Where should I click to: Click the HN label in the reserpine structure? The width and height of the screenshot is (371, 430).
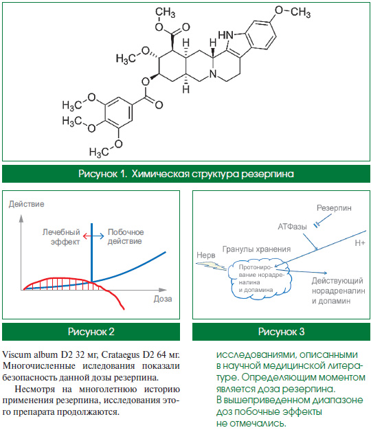[225, 36]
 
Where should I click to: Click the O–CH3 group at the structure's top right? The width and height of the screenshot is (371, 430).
[293, 12]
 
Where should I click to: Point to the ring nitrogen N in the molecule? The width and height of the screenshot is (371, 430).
[213, 74]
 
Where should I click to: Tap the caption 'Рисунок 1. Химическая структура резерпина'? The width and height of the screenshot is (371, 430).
[186, 174]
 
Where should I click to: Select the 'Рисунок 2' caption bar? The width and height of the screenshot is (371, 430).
[91, 332]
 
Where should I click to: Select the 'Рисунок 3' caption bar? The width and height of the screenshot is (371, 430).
[281, 332]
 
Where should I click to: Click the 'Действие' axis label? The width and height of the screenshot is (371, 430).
[26, 204]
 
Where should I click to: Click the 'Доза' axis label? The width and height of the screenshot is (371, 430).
[163, 299]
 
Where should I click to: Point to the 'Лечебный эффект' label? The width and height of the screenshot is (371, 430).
[61, 237]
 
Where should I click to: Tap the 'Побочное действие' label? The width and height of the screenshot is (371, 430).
[126, 237]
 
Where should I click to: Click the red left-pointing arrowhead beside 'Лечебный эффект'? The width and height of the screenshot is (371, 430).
[85, 236]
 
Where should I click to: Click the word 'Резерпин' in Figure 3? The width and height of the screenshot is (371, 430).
[334, 208]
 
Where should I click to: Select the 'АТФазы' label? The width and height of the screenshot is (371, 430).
[292, 227]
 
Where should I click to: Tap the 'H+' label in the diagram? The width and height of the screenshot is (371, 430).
[360, 243]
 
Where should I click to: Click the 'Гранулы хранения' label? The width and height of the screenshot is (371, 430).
[256, 249]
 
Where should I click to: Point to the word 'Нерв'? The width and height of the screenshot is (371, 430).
[206, 256]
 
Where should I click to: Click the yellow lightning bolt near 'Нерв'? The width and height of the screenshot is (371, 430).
[212, 265]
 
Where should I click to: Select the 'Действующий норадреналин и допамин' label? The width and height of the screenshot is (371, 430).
[339, 291]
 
